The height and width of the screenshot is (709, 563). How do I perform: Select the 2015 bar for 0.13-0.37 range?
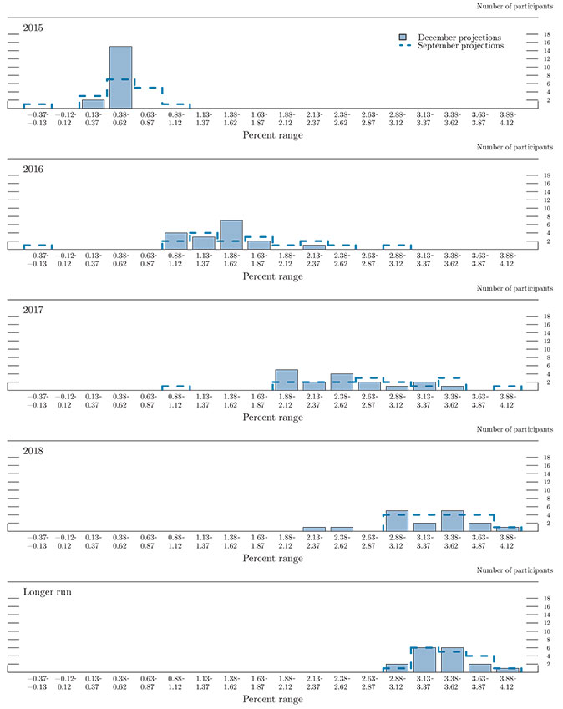93,104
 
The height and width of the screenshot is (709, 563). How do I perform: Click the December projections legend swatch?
403,38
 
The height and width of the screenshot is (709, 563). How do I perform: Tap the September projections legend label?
460,46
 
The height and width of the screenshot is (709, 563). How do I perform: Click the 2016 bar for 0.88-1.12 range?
175,241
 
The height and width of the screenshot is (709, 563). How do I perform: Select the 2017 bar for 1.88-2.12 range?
286,380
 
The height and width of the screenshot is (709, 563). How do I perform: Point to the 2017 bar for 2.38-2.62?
341,382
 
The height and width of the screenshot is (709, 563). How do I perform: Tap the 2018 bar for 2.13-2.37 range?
313,529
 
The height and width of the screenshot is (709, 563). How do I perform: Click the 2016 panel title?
33,170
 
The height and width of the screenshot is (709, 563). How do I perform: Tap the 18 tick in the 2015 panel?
545,34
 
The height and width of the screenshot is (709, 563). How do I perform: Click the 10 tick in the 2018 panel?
545,490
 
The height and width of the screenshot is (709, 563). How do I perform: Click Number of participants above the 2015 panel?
515,7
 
